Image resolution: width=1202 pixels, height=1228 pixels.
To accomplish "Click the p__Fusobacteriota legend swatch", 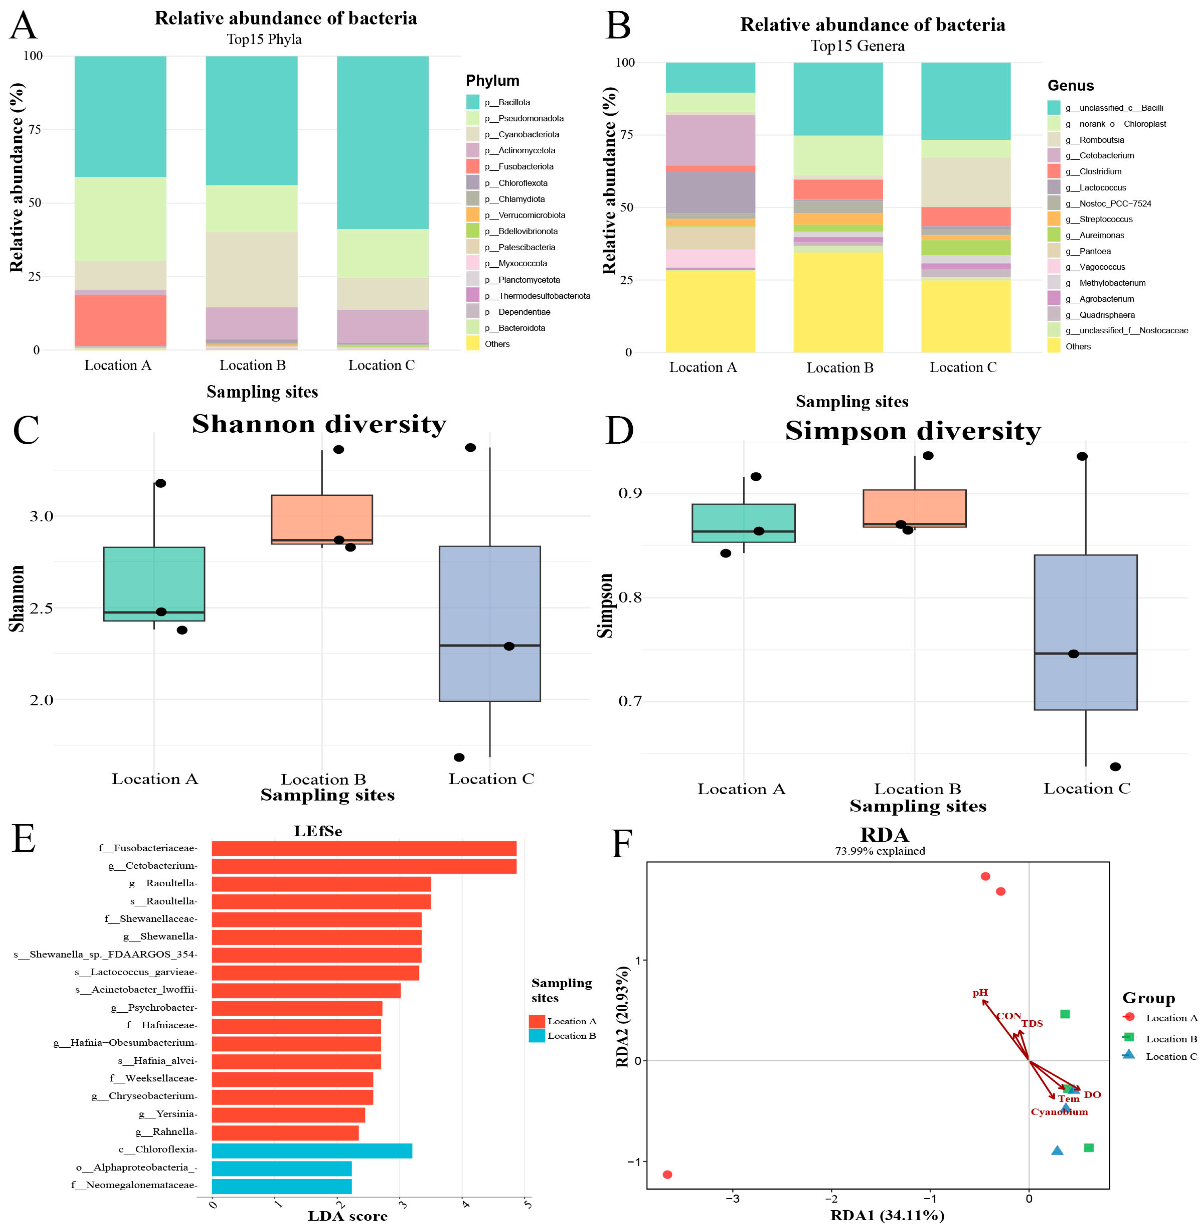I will pos(472,167).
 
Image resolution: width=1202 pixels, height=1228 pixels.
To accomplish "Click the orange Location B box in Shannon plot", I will pos(322,519).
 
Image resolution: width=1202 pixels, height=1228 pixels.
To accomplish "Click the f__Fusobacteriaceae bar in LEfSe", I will pos(364,849).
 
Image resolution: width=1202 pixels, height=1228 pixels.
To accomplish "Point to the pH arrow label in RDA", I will pos(980,992).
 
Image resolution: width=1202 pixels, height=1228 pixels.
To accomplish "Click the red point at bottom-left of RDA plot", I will pos(667,1174).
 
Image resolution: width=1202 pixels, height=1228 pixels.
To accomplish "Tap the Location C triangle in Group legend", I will pos(1129,1054).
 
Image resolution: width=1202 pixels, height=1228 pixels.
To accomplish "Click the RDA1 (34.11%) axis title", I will pos(887,1215).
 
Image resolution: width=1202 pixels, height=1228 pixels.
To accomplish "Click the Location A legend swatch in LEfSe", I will pos(537,1021).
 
